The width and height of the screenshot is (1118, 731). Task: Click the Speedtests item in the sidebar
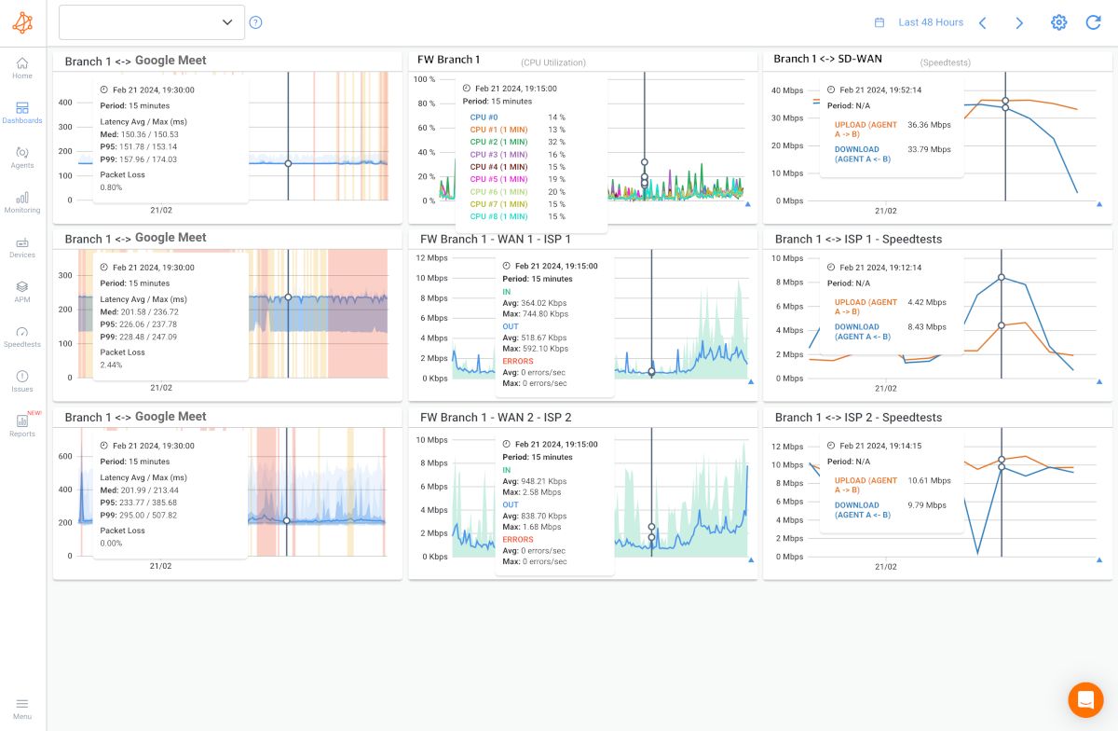22,337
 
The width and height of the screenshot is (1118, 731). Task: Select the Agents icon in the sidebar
22,157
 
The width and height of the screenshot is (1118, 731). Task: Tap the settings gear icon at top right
1058,22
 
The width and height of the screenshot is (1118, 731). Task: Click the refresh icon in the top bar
1094,22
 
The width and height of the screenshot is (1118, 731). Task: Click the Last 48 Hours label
930,22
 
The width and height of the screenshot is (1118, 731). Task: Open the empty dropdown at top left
152,22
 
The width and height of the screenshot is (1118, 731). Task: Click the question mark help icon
256,22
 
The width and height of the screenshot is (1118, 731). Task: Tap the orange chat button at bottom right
1085,698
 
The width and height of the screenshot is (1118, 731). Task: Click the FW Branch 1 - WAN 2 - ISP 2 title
496,417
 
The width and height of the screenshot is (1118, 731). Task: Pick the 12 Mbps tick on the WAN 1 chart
432,258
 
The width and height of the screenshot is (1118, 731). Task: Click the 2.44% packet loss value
111,365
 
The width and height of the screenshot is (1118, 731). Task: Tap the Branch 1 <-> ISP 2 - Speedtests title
858,417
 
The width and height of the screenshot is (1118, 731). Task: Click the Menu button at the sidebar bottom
22,708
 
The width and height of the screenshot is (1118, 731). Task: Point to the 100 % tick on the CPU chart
424,80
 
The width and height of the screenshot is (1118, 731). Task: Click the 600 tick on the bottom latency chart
65,456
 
